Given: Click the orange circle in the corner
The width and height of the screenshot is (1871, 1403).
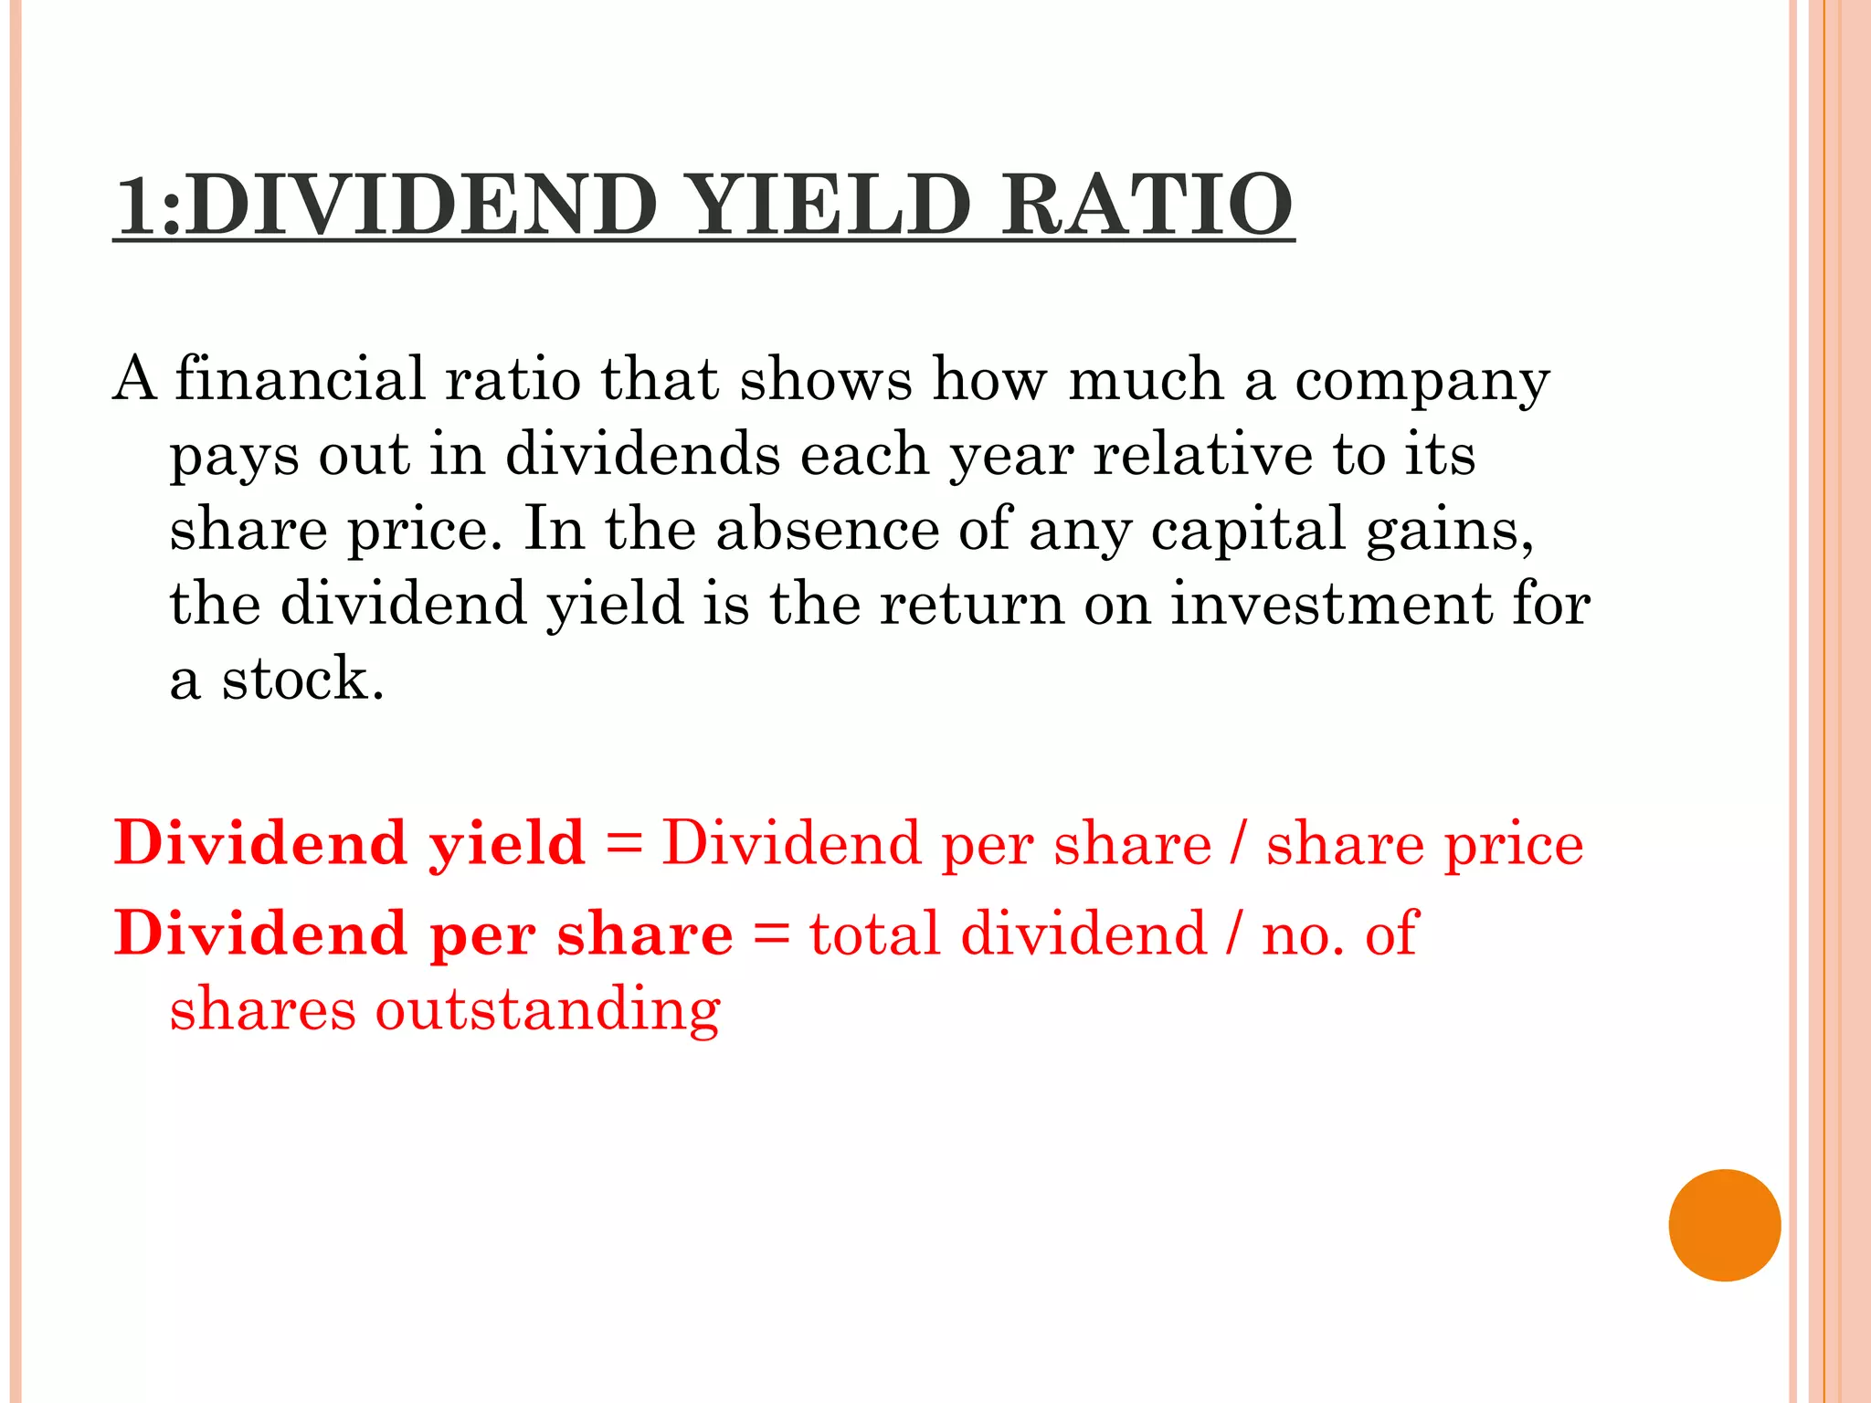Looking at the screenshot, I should (x=1724, y=1225).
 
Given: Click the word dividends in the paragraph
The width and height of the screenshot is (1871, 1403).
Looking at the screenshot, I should (x=642, y=454).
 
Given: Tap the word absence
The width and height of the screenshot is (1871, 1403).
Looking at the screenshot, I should (x=827, y=529).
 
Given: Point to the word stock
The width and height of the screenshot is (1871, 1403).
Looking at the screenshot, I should (x=302, y=679).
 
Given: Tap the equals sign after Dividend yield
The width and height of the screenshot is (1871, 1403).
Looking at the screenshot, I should (x=624, y=843).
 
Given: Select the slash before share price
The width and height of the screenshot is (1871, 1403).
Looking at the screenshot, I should (x=1237, y=843).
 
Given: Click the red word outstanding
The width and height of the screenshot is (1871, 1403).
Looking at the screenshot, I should (x=548, y=1011).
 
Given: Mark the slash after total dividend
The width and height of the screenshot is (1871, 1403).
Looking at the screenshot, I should (x=1234, y=934).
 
